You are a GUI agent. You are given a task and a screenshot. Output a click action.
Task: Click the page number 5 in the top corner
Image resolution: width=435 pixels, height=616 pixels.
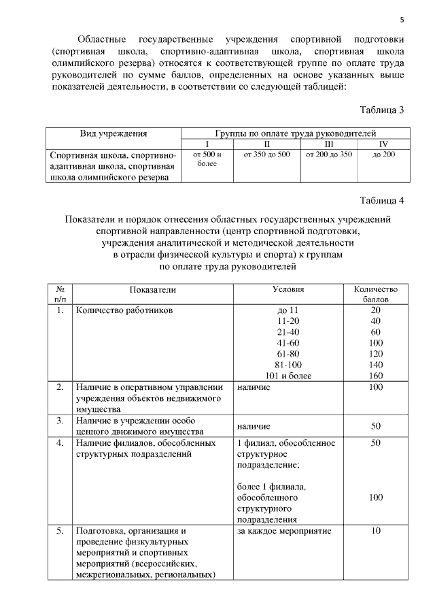pyautogui.click(x=401, y=19)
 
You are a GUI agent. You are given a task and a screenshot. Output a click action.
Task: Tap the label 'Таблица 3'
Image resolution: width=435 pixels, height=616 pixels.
pyautogui.click(x=382, y=110)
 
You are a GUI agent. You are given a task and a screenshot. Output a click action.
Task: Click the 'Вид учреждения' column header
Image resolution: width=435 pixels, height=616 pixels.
pyautogui.click(x=114, y=134)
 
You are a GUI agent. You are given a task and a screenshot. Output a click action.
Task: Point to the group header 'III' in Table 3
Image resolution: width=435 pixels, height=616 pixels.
pyautogui.click(x=328, y=144)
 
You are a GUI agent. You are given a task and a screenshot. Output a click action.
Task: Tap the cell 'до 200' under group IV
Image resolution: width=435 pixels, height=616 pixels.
pyautogui.click(x=383, y=155)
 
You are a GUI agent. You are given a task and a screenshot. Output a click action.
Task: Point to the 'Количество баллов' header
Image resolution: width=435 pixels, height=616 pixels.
pyautogui.click(x=375, y=294)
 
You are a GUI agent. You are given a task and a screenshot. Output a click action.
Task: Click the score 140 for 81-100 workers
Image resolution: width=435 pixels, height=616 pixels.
pyautogui.click(x=375, y=364)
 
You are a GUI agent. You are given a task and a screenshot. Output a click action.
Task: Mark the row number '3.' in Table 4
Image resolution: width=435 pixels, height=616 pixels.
pyautogui.click(x=60, y=421)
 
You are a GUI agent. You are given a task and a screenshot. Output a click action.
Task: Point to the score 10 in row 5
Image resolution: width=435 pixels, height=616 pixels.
pyautogui.click(x=375, y=531)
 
